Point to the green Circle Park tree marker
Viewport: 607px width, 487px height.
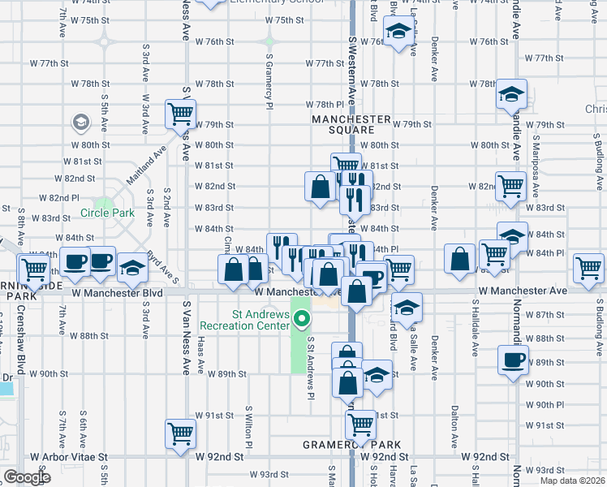103,203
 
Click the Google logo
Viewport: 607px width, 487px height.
27,477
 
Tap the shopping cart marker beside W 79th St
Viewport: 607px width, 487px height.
179,114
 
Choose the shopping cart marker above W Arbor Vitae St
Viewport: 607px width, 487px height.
179,432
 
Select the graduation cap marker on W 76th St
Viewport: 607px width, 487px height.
398,32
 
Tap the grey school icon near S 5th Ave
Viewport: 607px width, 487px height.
80,123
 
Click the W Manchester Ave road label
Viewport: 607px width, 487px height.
523,290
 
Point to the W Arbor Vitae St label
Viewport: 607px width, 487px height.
68,457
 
